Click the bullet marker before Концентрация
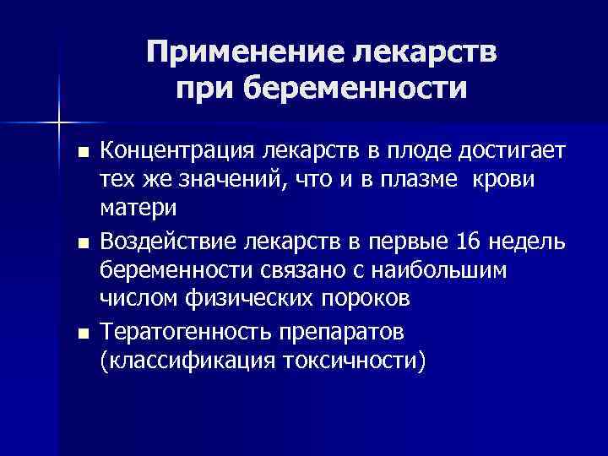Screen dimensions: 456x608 click(81, 154)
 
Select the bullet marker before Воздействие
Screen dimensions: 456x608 click(81, 245)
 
